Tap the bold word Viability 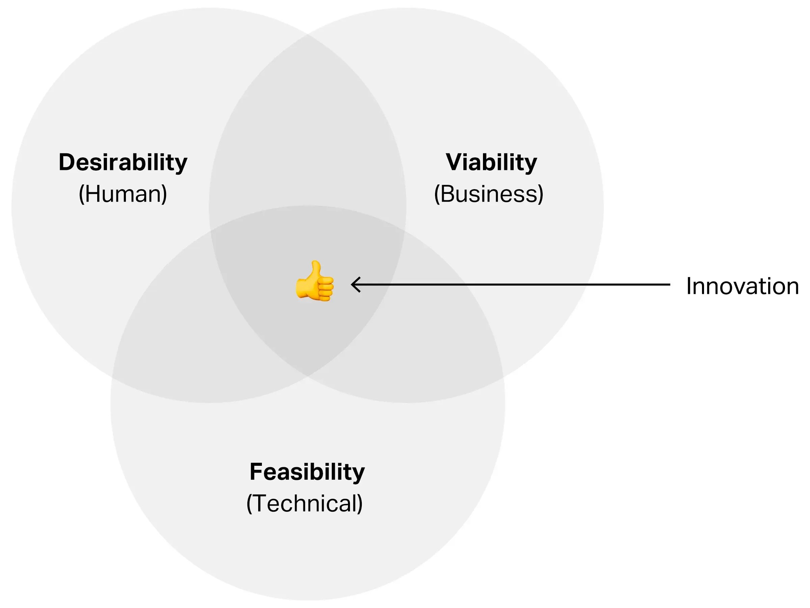tap(491, 162)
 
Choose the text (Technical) tap(304, 503)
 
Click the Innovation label tap(742, 286)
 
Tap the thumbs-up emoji tap(315, 281)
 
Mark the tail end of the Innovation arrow tap(669, 284)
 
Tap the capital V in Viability tap(454, 162)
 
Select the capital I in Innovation tap(688, 286)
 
